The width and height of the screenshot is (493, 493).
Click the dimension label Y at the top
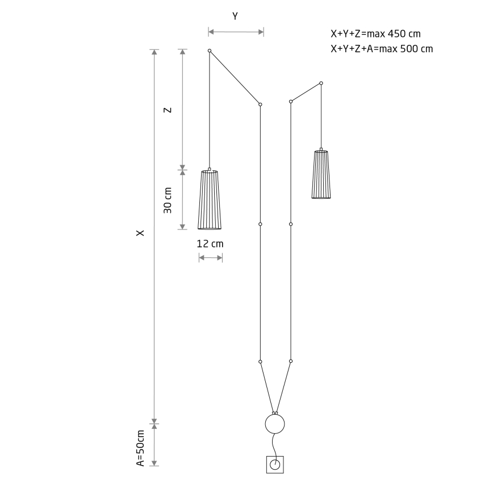[x=235, y=16]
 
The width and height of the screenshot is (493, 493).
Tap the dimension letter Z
[x=168, y=110]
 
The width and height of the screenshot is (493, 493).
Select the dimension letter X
[x=140, y=233]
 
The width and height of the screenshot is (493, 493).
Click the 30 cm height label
[x=168, y=200]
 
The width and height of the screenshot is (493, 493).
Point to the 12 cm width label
[x=210, y=244]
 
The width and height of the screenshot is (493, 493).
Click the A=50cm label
[x=140, y=448]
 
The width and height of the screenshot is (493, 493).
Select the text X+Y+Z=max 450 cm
[x=375, y=34]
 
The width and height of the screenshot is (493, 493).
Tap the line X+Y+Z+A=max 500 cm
[x=382, y=49]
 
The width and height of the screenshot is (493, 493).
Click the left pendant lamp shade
[x=210, y=200]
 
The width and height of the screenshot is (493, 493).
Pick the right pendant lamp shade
[x=321, y=174]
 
